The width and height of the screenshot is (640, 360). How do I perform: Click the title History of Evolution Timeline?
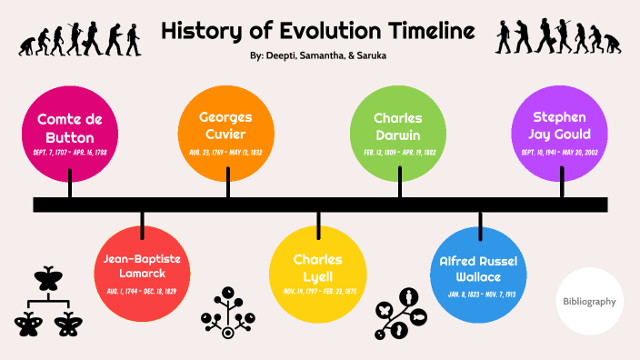point(318,32)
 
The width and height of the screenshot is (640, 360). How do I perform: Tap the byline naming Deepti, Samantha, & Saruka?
point(318,56)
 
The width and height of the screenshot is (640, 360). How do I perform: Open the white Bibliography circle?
point(589,301)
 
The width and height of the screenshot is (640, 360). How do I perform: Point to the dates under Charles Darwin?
point(397,152)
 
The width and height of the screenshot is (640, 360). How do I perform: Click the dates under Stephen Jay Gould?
point(561,152)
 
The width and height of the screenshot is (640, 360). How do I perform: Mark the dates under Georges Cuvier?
point(226,152)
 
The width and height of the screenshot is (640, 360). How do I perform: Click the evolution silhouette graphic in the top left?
point(82,37)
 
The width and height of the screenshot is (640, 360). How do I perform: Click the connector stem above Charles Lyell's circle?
point(318,223)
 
